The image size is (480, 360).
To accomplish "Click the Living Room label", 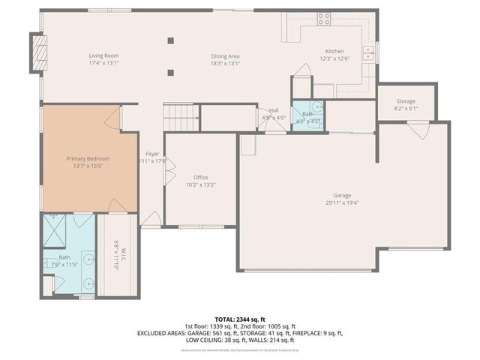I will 104,55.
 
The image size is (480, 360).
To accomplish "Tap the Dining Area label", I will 225,55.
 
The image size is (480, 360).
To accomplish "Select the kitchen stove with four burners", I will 323,19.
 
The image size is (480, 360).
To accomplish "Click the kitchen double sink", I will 368,52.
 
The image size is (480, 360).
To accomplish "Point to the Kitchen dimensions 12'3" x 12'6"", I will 334,58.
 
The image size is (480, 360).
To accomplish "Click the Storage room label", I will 406,101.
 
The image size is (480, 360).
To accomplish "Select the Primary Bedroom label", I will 88,158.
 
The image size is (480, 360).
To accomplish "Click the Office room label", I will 200,177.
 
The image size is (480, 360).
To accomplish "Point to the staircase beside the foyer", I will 181,117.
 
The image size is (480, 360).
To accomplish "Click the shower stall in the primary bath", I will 57,228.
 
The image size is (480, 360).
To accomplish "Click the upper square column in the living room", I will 171,40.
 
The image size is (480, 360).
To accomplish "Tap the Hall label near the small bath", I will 274,110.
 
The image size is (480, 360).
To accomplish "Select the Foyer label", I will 152,154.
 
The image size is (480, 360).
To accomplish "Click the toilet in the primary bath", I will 49,286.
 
